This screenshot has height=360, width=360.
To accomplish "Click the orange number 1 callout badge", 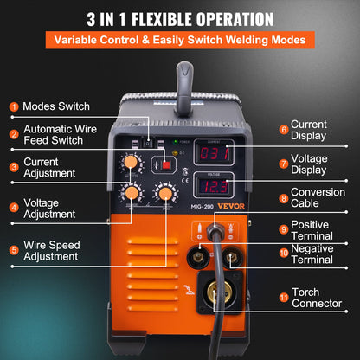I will click(x=14, y=106).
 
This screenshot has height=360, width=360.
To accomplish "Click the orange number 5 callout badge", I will click(x=14, y=251).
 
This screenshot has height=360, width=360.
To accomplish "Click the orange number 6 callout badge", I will click(x=283, y=131).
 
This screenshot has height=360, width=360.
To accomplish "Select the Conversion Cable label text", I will click(x=318, y=198).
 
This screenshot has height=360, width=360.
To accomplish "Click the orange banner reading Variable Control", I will click(x=180, y=40).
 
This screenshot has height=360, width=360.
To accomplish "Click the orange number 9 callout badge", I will click(x=283, y=229).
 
